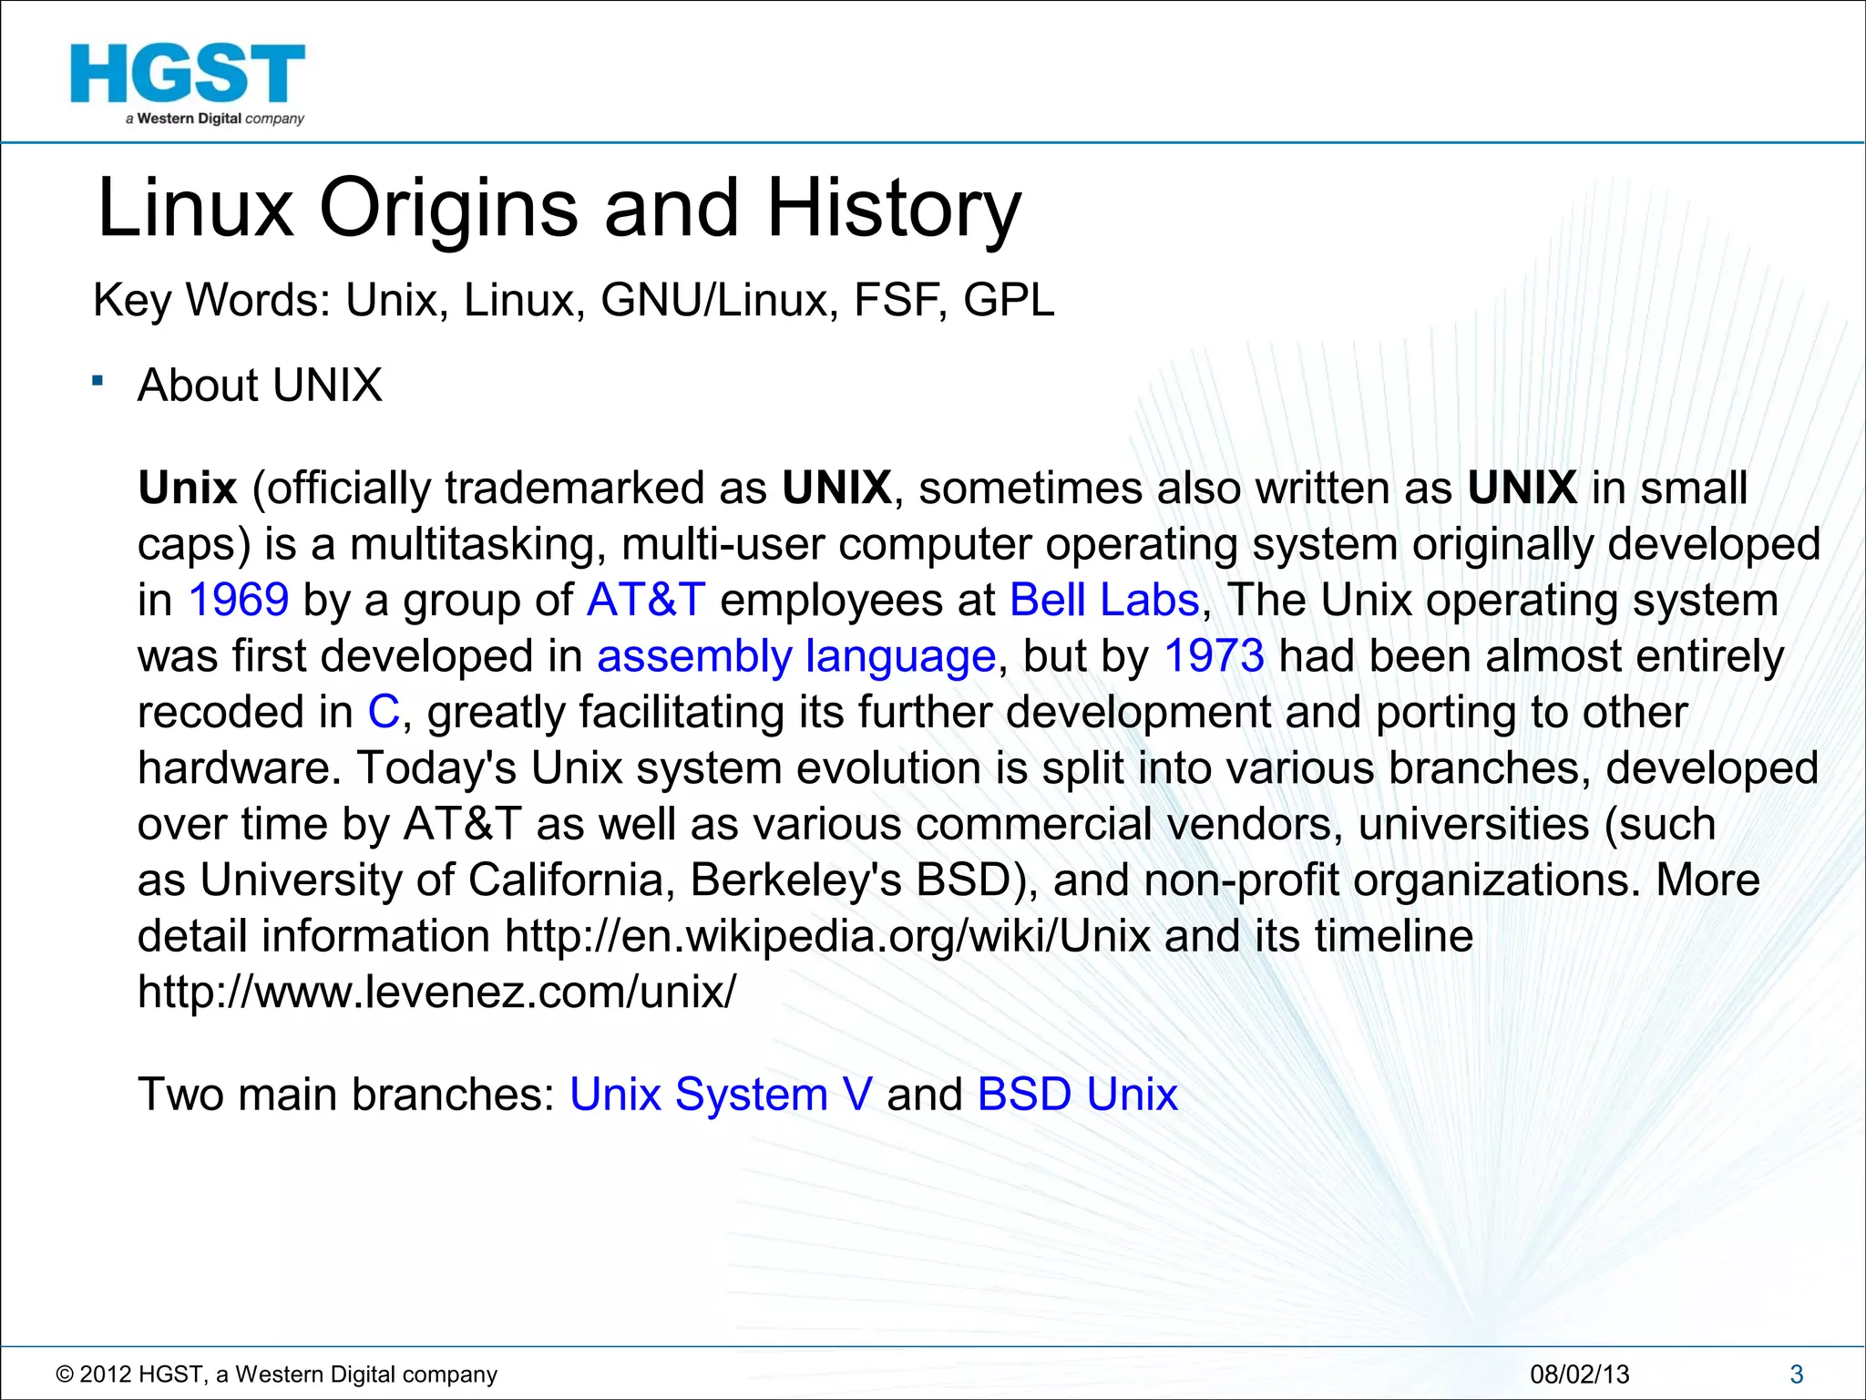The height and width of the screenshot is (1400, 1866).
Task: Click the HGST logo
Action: click(x=188, y=82)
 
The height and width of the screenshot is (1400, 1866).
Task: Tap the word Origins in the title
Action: click(x=448, y=208)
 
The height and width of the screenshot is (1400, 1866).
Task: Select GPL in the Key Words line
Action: click(x=1009, y=300)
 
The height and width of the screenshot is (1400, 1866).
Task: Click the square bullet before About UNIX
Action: click(x=97, y=381)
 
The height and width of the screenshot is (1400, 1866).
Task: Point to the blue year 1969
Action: click(x=239, y=600)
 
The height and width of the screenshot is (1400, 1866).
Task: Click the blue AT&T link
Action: click(x=646, y=600)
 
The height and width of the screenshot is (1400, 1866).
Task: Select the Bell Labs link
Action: click(x=1104, y=600)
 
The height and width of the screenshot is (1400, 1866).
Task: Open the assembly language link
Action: click(x=796, y=656)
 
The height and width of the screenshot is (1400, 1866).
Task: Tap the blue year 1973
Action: click(x=1214, y=656)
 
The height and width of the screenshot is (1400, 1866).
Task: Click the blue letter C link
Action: click(x=384, y=712)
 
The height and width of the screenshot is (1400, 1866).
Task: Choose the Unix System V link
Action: click(x=721, y=1094)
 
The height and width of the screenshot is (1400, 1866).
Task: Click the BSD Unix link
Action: click(x=1077, y=1094)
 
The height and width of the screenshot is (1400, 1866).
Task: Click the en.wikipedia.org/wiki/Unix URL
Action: click(x=827, y=936)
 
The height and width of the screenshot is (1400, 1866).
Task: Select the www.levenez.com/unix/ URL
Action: click(x=436, y=992)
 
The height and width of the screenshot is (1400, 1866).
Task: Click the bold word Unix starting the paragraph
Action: click(x=188, y=488)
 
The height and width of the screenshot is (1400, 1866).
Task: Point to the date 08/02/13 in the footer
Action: click(x=1579, y=1374)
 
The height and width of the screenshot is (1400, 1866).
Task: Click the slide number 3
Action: click(x=1797, y=1374)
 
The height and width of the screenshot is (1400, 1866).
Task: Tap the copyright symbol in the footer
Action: click(x=64, y=1374)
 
